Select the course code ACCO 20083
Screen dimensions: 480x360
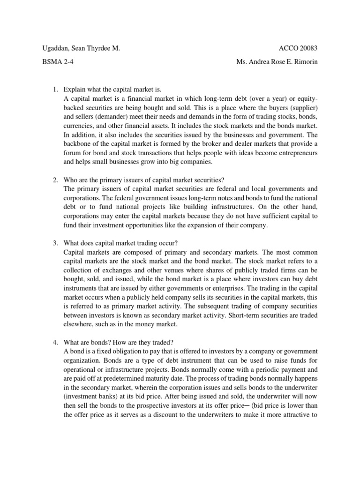tap(301, 49)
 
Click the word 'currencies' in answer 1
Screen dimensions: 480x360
tap(78, 127)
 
